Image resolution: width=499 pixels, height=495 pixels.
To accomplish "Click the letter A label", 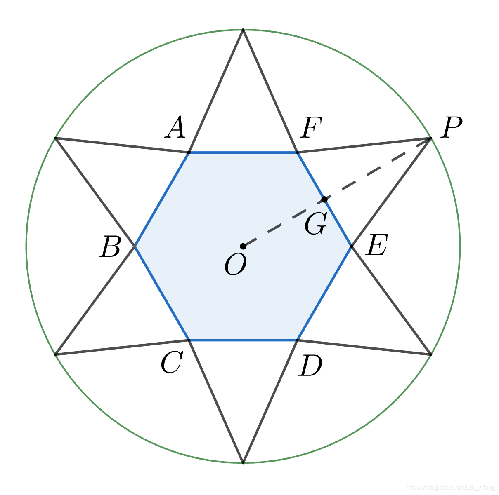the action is coord(176,128).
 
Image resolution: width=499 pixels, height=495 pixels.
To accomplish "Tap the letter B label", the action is coord(110,248).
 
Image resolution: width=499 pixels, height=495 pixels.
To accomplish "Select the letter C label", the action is coord(171,364).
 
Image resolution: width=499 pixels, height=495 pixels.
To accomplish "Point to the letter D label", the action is coord(310,366).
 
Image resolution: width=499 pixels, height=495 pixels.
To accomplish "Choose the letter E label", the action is coord(376,246).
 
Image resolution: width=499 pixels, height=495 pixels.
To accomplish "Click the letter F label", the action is coord(310,128).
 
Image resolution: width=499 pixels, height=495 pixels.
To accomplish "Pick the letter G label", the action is coord(316,224).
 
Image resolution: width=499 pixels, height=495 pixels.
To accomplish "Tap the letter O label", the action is coord(236,265).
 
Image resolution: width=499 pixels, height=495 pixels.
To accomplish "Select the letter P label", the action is coord(451,128).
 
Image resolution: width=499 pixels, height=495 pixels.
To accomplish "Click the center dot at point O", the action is coord(243,246).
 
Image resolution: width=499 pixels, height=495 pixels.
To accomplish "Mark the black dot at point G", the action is coord(324,199).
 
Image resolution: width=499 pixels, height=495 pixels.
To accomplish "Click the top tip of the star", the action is coord(243,30).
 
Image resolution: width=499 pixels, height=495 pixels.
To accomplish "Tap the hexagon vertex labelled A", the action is coord(189,152).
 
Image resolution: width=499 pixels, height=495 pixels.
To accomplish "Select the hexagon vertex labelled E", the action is coord(352,246).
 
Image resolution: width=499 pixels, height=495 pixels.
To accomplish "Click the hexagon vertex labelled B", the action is coord(135,246).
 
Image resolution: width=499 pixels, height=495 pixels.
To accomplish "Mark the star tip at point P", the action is coord(431,138).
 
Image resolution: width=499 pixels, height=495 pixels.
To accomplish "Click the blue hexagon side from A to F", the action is coord(243,152).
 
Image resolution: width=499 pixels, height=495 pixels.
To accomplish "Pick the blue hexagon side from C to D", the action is coord(243,340).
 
